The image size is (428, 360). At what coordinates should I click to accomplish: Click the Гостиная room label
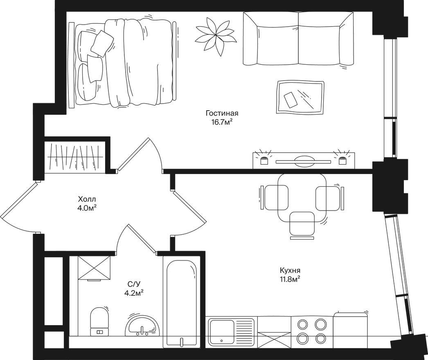(x=222, y=113)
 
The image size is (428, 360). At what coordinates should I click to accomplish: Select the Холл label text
(x=87, y=199)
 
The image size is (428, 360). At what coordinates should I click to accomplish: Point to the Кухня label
(x=290, y=270)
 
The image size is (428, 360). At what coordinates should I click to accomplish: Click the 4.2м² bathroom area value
(x=134, y=293)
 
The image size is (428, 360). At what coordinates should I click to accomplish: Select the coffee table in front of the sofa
(x=300, y=97)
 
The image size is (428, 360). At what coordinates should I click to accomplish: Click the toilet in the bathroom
(x=99, y=322)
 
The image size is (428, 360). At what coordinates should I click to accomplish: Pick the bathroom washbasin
(x=142, y=326)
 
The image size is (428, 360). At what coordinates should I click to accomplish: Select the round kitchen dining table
(x=302, y=198)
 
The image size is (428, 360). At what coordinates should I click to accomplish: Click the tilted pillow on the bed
(x=102, y=43)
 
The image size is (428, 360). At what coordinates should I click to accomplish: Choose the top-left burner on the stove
(x=302, y=324)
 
